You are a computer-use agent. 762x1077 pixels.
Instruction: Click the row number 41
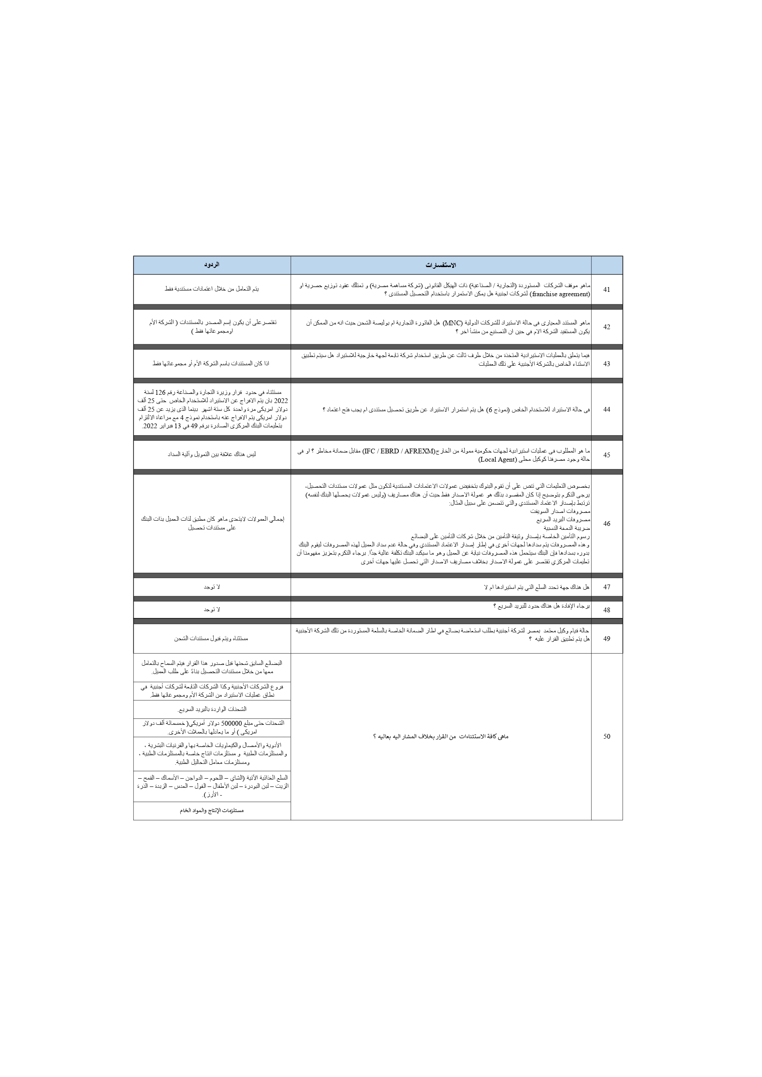coord(607,289)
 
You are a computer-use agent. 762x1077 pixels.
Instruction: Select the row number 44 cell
coord(607,410)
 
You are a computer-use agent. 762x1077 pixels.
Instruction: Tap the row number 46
coord(607,523)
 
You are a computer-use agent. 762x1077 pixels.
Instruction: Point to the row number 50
coord(607,737)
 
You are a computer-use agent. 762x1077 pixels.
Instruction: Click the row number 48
coord(607,610)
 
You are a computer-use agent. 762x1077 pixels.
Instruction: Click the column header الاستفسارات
coord(441,265)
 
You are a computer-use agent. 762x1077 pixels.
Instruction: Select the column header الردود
coord(212,265)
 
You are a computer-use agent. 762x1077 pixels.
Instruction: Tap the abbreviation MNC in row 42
coord(452,323)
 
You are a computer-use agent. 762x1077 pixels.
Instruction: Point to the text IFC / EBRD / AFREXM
coord(399,451)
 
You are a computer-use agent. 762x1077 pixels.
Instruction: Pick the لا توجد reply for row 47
coord(212,587)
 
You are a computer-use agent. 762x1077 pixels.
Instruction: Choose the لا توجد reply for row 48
coord(212,610)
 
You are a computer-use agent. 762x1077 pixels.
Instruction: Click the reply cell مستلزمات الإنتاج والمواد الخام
coord(212,810)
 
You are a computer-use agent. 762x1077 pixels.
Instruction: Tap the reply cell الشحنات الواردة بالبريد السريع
coord(212,709)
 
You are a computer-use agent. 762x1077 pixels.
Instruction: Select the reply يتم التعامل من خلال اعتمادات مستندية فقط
coord(212,289)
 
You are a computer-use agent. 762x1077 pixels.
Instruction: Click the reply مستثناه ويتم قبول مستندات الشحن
coord(212,638)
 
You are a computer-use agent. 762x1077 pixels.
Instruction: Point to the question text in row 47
coord(537,587)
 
